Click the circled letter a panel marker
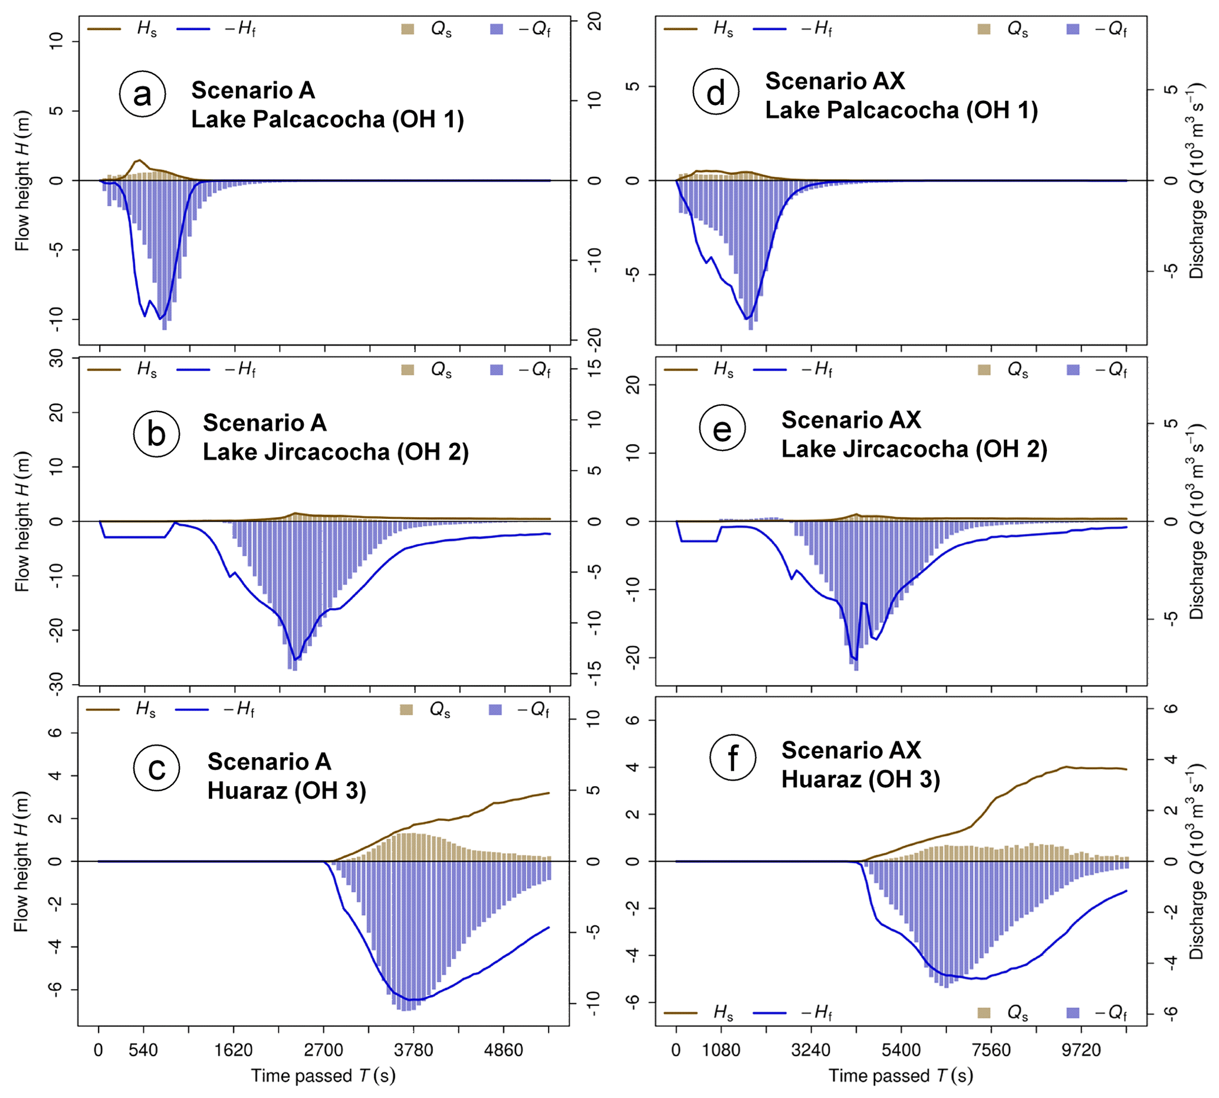pos(142,94)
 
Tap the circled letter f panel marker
pos(732,758)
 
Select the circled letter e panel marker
pos(722,429)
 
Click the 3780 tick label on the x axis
pos(413,1050)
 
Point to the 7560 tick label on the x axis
pos(991,1050)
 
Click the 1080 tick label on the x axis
pos(721,1050)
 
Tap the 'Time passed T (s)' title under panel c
pos(323,1076)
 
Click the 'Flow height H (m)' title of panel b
pos(22,521)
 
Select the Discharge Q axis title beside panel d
pos(1196,181)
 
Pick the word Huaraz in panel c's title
pos(247,790)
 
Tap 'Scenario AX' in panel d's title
pos(835,81)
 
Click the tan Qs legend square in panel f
pos(984,1013)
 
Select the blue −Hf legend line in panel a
pos(193,29)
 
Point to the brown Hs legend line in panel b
pos(104,370)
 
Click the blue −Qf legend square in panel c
pos(495,710)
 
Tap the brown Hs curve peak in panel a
pos(139,160)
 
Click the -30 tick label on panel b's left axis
pos(56,685)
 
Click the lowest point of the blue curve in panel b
pos(295,659)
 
